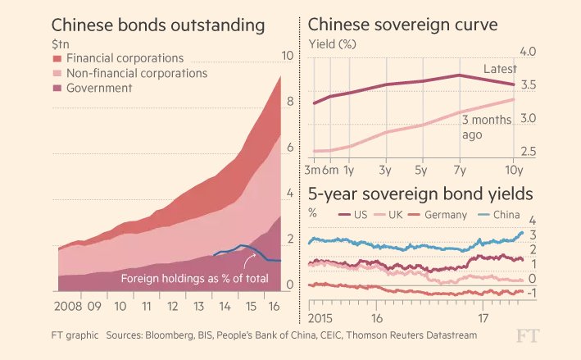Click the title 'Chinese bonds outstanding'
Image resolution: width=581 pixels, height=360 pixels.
point(158,25)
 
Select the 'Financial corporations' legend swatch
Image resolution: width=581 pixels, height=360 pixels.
point(57,59)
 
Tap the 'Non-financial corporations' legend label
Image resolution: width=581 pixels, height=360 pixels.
point(136,74)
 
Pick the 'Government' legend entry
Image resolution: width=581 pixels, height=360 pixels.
point(98,89)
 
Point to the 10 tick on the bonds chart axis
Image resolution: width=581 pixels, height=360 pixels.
point(287,56)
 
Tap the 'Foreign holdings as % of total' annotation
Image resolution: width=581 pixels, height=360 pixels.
point(194,279)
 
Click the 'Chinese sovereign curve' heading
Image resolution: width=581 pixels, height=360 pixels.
point(402,25)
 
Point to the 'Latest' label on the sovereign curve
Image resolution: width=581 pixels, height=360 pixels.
point(500,70)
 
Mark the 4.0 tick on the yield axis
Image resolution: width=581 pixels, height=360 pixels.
point(527,52)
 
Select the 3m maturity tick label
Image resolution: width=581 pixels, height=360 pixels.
point(312,170)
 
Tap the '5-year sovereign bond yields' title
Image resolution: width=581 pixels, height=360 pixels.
point(420,194)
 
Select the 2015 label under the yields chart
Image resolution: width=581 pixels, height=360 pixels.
point(322,318)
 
